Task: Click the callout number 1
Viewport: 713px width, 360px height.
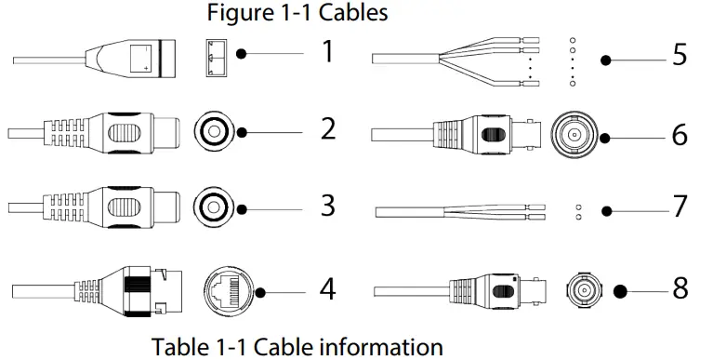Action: (326, 52)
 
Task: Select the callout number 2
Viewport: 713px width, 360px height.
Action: (327, 128)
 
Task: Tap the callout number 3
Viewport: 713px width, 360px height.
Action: (327, 204)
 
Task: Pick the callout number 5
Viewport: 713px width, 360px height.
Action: (680, 55)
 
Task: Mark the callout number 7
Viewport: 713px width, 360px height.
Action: (680, 206)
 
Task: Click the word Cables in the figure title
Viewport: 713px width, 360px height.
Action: (353, 13)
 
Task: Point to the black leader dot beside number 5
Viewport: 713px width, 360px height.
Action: (607, 60)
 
